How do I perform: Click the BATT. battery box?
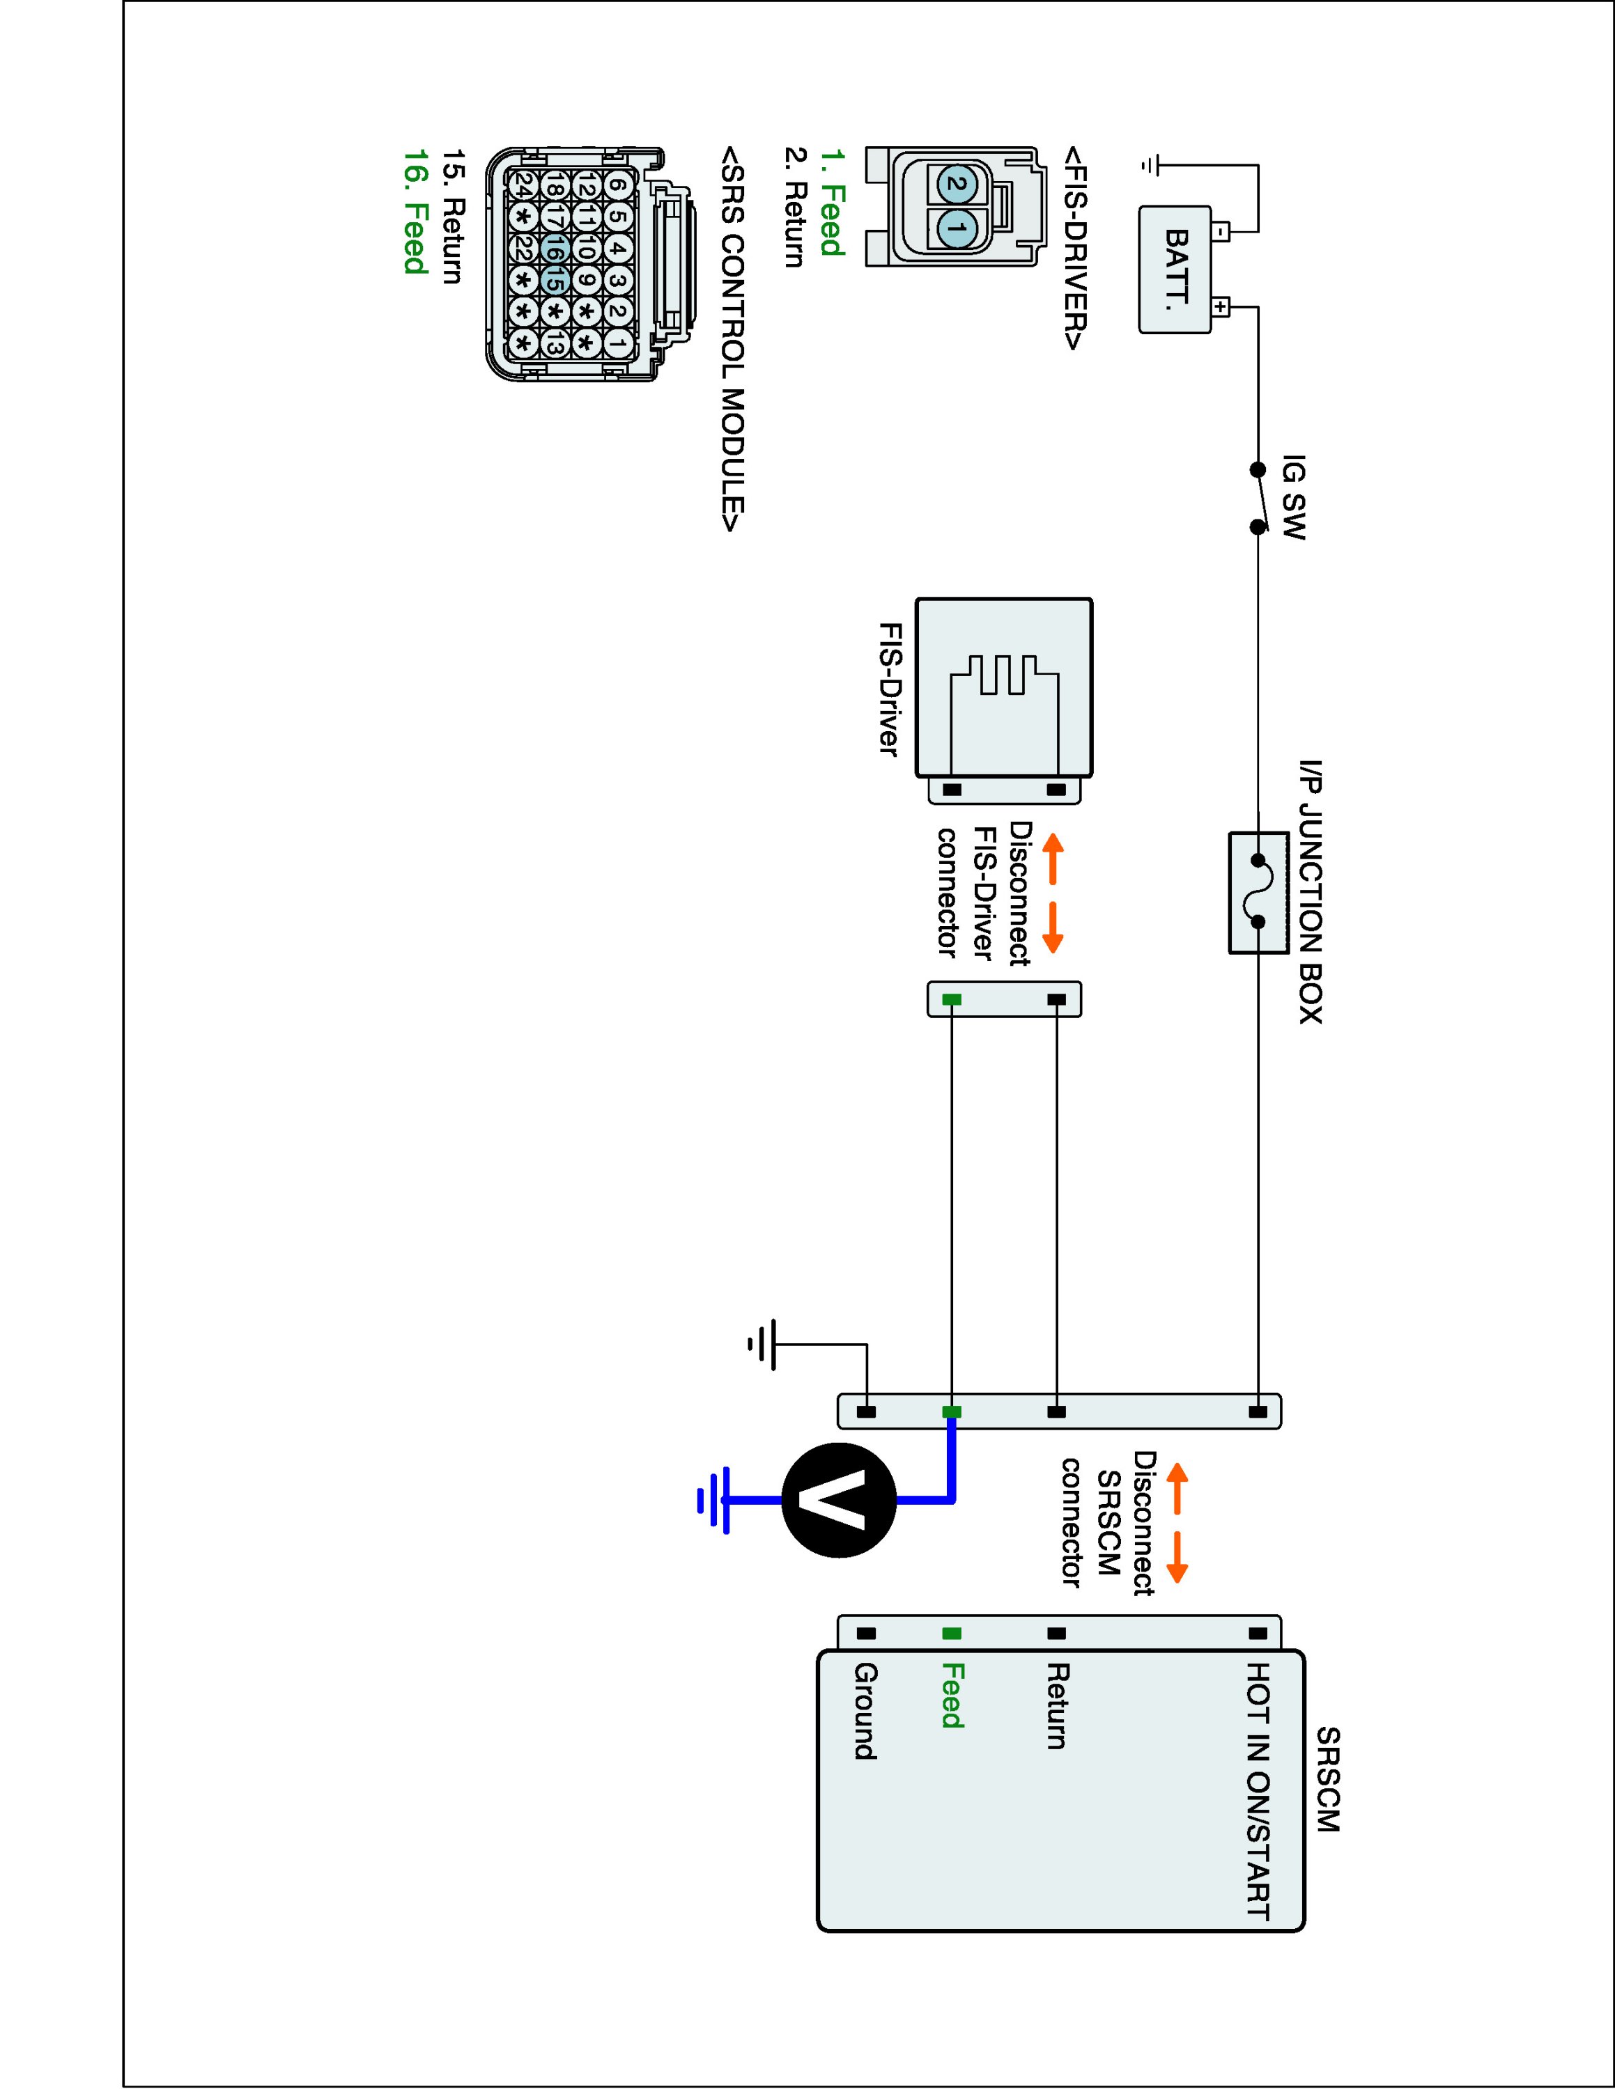(x=1175, y=271)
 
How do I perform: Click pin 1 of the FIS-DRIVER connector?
(x=955, y=228)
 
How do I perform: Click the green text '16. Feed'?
(x=415, y=212)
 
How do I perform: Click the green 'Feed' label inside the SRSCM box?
(x=952, y=1696)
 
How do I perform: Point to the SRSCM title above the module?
(x=1328, y=1779)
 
